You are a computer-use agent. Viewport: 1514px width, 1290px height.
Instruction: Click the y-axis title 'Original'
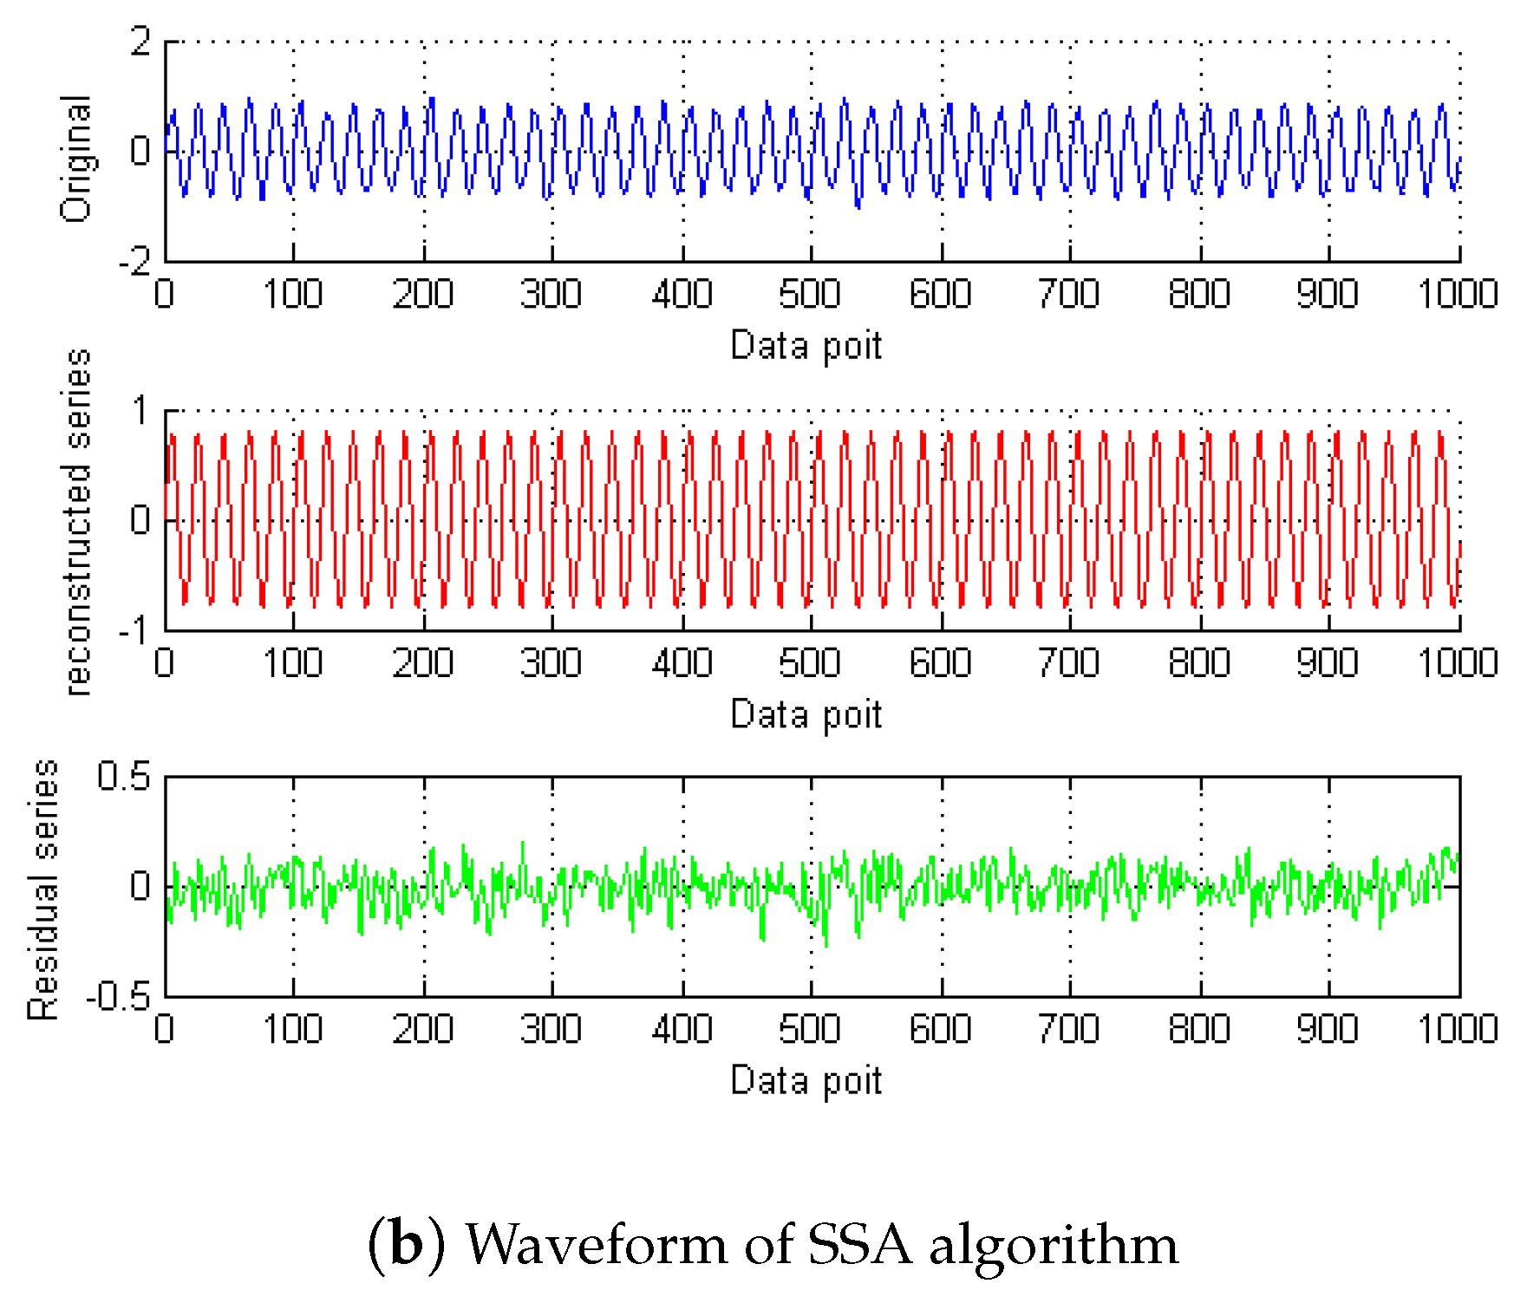pyautogui.click(x=76, y=158)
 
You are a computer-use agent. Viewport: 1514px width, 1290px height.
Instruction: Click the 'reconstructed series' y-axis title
pyautogui.click(x=78, y=522)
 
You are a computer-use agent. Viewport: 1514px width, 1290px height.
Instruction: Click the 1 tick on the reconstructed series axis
pyautogui.click(x=140, y=411)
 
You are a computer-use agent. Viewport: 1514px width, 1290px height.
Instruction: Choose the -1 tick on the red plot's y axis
pyautogui.click(x=134, y=629)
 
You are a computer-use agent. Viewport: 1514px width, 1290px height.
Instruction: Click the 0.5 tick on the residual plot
pyautogui.click(x=124, y=777)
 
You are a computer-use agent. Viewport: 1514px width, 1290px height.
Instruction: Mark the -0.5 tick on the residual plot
pyautogui.click(x=118, y=997)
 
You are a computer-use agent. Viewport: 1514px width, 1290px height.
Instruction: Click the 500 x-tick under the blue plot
pyautogui.click(x=809, y=295)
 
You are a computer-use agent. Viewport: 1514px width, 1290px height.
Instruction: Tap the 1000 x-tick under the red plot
pyautogui.click(x=1458, y=663)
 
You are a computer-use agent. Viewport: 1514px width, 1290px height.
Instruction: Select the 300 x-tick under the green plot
pyautogui.click(x=551, y=1029)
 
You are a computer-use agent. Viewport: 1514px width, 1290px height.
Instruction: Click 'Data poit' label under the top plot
pyautogui.click(x=806, y=346)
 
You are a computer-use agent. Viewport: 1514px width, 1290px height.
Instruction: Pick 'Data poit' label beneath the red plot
pyautogui.click(x=806, y=715)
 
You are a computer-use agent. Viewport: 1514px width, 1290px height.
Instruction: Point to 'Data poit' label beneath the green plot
pyautogui.click(x=806, y=1081)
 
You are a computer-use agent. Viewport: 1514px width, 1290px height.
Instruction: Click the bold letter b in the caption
pyautogui.click(x=406, y=1243)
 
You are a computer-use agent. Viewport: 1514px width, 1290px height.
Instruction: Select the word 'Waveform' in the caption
pyautogui.click(x=597, y=1245)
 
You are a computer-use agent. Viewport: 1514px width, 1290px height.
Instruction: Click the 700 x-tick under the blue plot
pyautogui.click(x=1068, y=295)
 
